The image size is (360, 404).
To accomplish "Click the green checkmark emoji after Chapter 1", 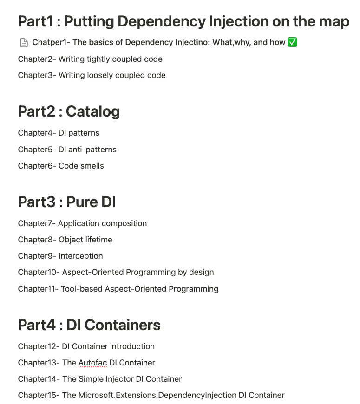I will pyautogui.click(x=292, y=42).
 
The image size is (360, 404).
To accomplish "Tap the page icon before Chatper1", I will pyautogui.click(x=24, y=43).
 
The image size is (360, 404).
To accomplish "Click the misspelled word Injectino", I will pyautogui.click(x=191, y=42).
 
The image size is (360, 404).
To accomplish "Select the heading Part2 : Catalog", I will pyautogui.click(x=69, y=111).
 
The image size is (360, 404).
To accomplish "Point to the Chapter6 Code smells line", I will pyautogui.click(x=61, y=166).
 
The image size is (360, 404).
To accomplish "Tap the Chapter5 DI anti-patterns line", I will pyautogui.click(x=67, y=150).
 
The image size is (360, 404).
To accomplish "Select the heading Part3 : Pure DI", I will pyautogui.click(x=67, y=202).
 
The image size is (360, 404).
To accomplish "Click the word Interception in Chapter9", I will pyautogui.click(x=80, y=256).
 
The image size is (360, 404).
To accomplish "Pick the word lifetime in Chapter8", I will pyautogui.click(x=98, y=240).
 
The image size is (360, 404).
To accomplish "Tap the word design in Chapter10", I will pyautogui.click(x=202, y=272).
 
